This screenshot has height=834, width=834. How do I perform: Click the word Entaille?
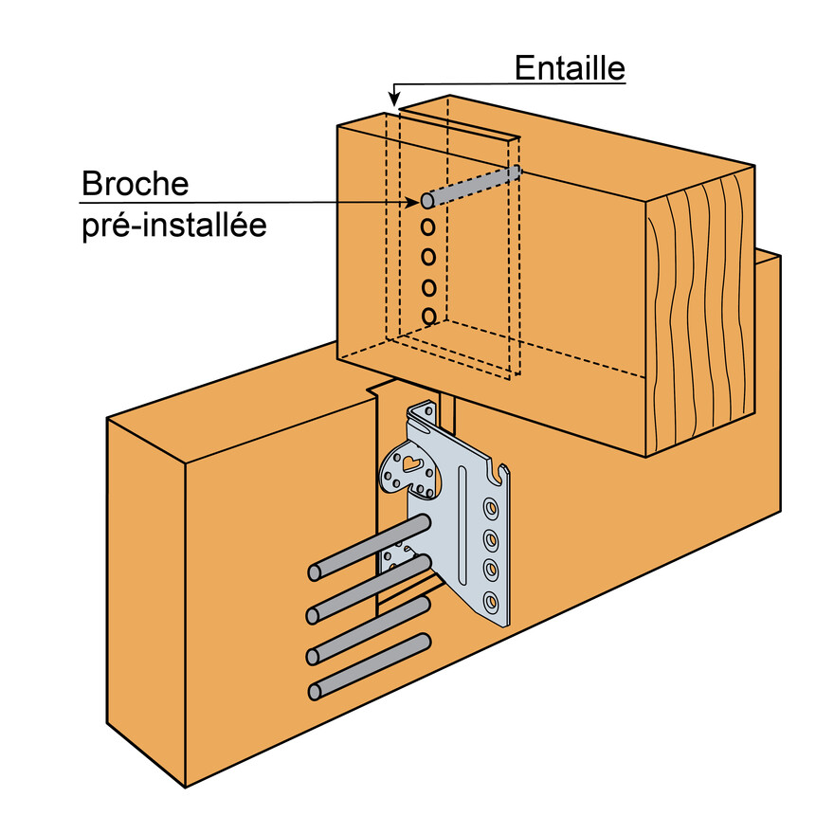tap(570, 68)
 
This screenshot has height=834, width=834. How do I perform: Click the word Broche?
tap(136, 183)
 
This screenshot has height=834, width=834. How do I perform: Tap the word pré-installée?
tap(173, 227)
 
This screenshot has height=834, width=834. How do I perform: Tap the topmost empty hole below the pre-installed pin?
tap(428, 227)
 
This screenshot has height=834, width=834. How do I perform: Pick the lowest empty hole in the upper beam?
tap(429, 315)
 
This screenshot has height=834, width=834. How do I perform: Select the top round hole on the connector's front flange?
tap(493, 509)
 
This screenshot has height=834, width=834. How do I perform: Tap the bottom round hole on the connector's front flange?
tap(492, 600)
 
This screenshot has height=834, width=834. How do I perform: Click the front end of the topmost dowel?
tap(316, 572)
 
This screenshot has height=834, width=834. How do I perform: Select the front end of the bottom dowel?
tap(316, 693)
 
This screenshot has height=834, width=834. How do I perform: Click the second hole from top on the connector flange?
tap(492, 540)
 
